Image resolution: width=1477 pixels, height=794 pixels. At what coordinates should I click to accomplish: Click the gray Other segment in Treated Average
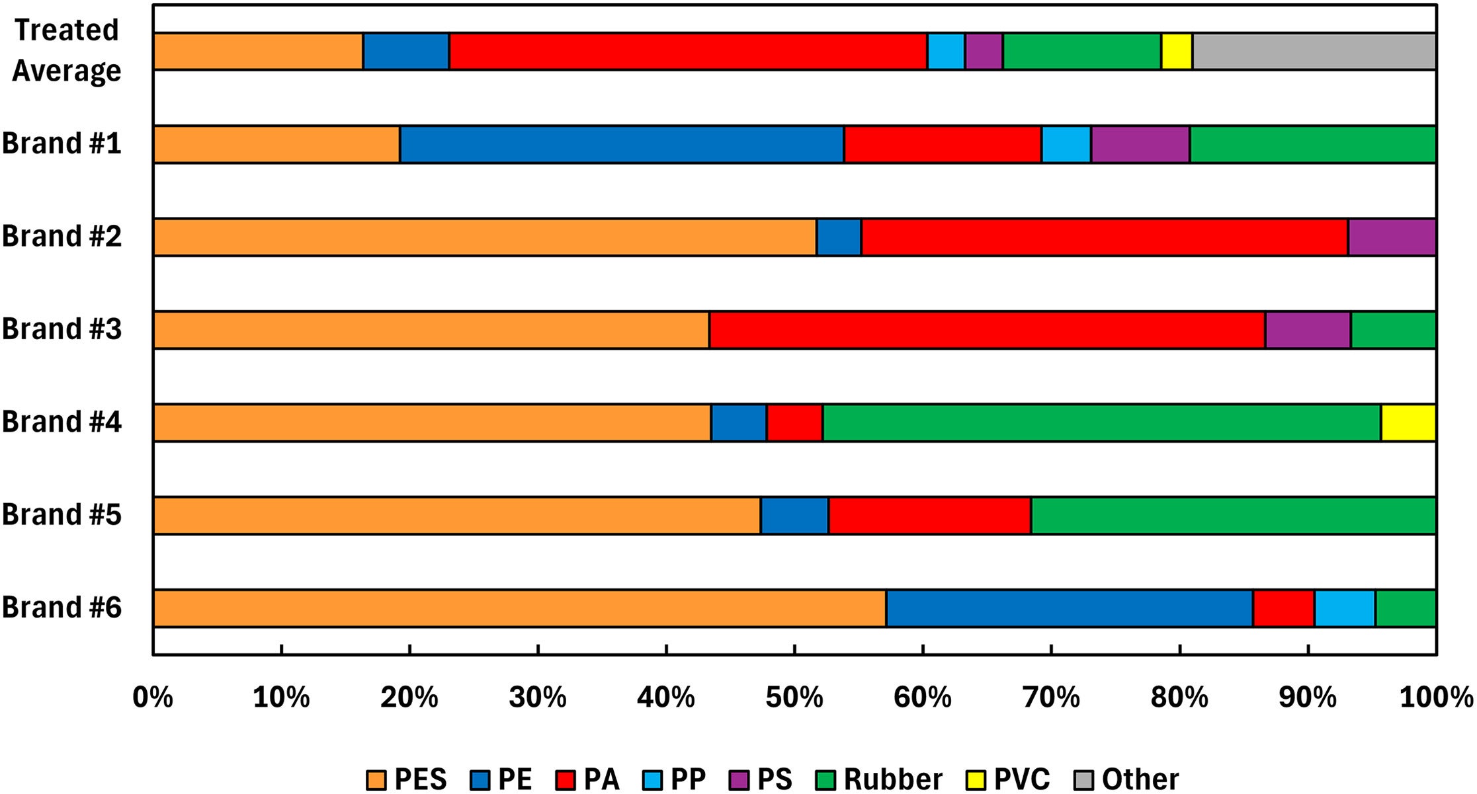coord(1314,52)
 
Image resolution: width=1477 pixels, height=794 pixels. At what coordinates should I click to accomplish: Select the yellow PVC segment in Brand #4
coord(1408,422)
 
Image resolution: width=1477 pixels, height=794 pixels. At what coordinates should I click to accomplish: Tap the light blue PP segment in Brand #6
coord(1345,608)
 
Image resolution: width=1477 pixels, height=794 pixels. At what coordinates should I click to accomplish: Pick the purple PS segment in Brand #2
coord(1392,237)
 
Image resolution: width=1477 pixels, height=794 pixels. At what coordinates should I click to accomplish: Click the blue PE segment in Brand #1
coord(622,144)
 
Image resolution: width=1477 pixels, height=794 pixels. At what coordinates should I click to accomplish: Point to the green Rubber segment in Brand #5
coord(1233,516)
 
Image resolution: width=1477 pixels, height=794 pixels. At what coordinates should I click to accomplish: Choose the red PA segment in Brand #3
coord(987,330)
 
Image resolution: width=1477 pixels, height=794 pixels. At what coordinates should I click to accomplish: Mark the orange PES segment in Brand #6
coord(519,608)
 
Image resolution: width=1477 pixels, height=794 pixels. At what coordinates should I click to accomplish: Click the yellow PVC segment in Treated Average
coord(1177,52)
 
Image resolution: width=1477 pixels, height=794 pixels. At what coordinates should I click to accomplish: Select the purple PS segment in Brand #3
coord(1308,330)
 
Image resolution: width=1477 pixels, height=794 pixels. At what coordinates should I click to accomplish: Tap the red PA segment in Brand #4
coord(794,422)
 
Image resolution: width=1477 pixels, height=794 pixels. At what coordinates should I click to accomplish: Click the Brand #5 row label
coord(62,514)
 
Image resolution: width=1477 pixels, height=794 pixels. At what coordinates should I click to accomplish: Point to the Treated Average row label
coord(66,50)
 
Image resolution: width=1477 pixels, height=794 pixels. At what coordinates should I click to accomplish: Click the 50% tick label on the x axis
coord(794,697)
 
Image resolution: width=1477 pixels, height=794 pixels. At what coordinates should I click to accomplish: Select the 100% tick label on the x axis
coord(1436,697)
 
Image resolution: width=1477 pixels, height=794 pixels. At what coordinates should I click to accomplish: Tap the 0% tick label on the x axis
coord(153,697)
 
